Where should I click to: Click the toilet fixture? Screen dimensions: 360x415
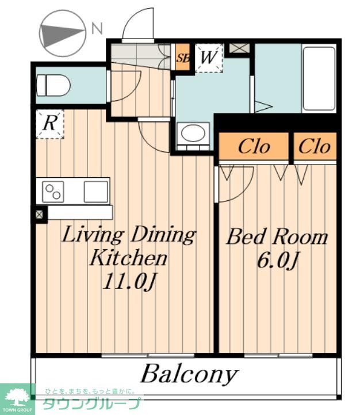pos(53,86)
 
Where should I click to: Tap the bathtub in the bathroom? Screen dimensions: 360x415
pos(319,79)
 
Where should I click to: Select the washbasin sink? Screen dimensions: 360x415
pos(193,134)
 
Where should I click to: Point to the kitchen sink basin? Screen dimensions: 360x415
pos(96,192)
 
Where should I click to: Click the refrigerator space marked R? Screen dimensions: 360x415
pos(50,124)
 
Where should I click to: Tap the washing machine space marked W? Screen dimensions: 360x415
pos(209,58)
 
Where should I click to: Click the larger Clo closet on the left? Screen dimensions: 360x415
pos(254,146)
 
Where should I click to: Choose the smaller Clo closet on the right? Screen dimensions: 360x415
pos(315,146)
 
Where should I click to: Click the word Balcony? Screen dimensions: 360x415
pos(189,374)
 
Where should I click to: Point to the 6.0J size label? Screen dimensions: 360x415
pos(278,260)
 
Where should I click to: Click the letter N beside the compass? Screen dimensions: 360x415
pos(97,28)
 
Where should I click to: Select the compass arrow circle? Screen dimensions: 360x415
pos(62,33)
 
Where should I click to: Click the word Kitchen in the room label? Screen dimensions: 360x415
pos(129,257)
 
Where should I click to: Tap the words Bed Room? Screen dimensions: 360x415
pos(277,237)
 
